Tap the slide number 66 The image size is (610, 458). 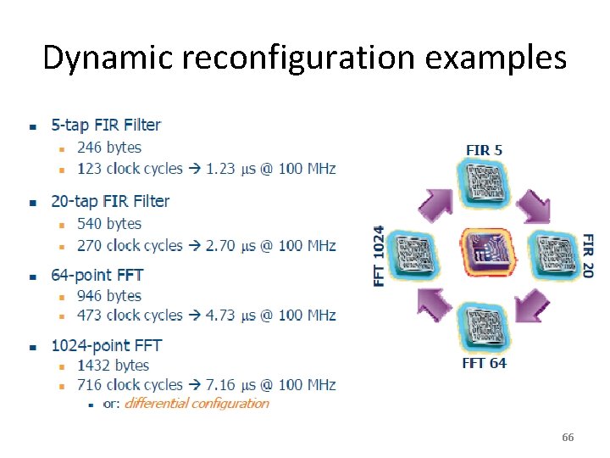(x=568, y=438)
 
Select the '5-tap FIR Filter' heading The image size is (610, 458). (x=106, y=125)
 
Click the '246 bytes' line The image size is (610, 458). (x=109, y=147)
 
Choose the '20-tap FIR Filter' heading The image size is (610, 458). (x=110, y=201)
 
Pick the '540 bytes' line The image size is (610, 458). (x=109, y=224)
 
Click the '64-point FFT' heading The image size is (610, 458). (x=97, y=275)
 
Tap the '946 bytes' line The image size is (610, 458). (x=109, y=296)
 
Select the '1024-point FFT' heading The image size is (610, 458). (x=106, y=345)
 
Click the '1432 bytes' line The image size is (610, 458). (x=113, y=366)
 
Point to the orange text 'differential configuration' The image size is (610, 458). (x=197, y=403)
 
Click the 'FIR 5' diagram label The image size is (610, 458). (x=484, y=150)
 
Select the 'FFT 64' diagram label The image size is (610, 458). (x=484, y=363)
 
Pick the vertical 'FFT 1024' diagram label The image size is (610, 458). (x=380, y=254)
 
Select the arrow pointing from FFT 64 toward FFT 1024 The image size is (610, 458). (x=433, y=303)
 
